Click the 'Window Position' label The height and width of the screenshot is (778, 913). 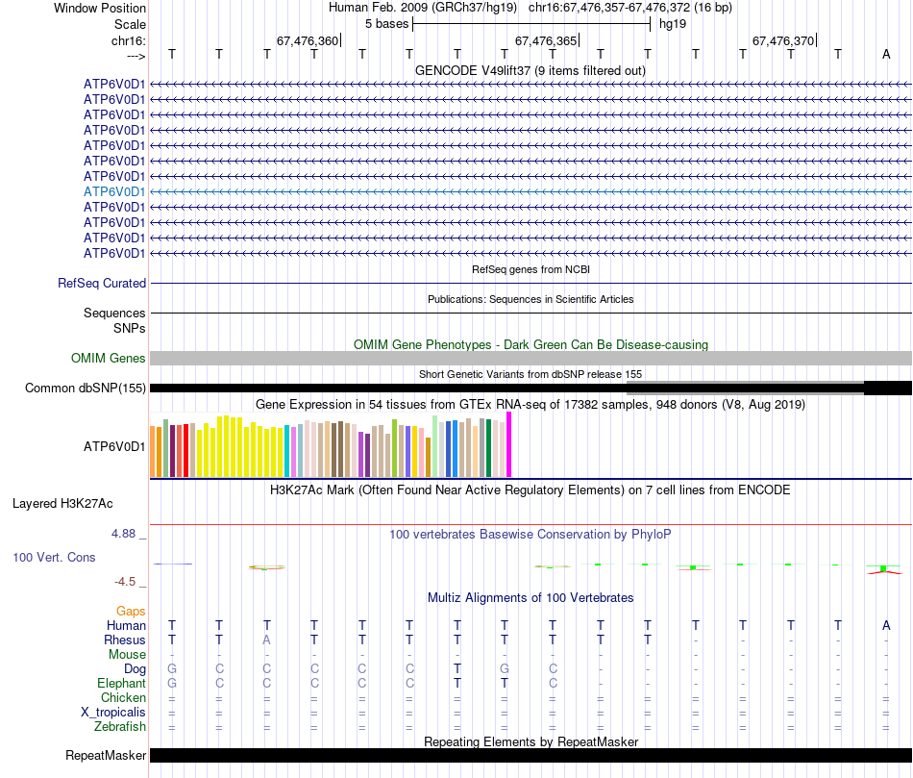[100, 8]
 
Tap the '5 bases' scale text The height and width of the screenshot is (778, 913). [386, 24]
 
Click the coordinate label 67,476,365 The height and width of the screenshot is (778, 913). [546, 41]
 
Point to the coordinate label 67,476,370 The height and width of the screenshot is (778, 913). [783, 41]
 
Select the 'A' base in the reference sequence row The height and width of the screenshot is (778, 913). [886, 54]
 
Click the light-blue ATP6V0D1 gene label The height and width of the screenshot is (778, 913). [114, 191]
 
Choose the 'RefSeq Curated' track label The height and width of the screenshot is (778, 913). [102, 284]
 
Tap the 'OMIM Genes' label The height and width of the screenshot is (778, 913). [109, 359]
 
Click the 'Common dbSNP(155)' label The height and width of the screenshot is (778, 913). [86, 389]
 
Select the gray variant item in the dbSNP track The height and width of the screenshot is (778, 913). [745, 388]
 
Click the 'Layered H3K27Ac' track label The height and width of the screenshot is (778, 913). [62, 503]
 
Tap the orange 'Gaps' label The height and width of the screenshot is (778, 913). [131, 611]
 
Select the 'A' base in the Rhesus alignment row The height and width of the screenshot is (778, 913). [267, 640]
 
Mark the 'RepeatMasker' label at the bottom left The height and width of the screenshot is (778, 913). [105, 756]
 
